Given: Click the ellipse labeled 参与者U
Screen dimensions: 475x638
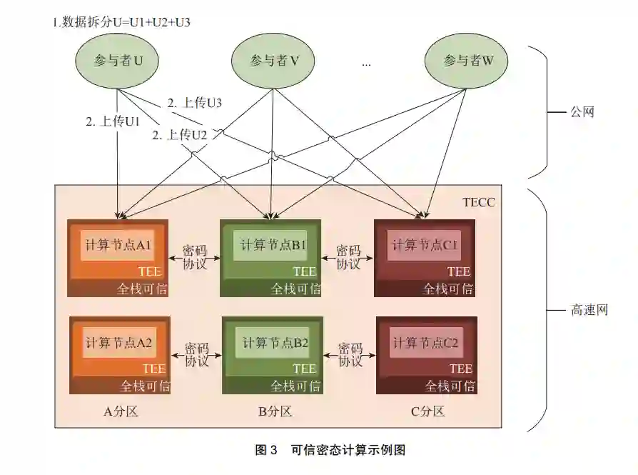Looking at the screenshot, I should tap(118, 61).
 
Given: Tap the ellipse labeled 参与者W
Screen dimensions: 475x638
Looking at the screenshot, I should tap(468, 61).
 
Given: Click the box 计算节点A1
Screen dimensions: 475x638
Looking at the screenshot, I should tap(118, 246).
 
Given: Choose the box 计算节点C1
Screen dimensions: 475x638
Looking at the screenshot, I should tap(425, 246).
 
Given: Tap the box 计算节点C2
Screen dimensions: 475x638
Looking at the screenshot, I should tap(425, 343).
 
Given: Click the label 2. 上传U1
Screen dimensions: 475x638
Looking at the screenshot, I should tap(113, 121).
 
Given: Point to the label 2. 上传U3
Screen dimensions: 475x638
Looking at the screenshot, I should tap(195, 103).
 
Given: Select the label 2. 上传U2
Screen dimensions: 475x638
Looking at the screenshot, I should tap(179, 134).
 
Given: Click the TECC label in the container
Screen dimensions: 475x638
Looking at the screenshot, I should tap(478, 203).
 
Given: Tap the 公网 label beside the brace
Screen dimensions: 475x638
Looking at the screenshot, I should tap(582, 112).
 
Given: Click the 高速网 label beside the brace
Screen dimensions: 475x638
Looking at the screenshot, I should tap(589, 311).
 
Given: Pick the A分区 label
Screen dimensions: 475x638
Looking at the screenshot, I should tap(121, 411).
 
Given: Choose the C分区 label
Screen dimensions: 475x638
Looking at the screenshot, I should tap(427, 411).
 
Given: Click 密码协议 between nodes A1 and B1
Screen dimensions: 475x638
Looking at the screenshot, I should tap(195, 257).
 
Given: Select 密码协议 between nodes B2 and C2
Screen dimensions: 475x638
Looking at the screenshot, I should tap(350, 355).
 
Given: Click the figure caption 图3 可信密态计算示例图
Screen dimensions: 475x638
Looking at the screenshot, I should tap(330, 450).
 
